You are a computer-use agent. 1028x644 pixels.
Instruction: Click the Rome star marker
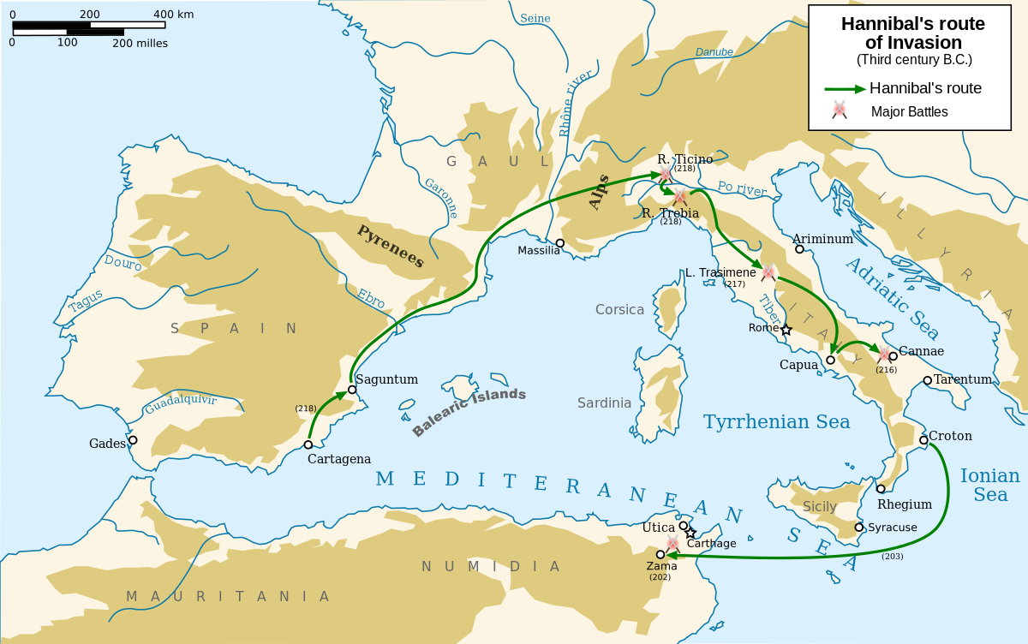click(x=786, y=329)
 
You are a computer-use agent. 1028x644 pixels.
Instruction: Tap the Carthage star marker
click(x=690, y=533)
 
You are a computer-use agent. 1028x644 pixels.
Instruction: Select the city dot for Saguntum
click(x=352, y=389)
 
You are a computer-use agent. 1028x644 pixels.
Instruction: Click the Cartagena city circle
click(x=308, y=444)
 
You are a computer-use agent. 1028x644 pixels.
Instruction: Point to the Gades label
click(x=106, y=443)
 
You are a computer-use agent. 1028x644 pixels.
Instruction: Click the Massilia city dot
click(x=560, y=243)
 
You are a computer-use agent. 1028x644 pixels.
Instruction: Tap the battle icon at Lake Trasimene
click(x=768, y=272)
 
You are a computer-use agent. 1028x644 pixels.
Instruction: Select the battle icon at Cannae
click(x=884, y=354)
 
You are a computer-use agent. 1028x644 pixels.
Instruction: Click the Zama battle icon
click(x=672, y=544)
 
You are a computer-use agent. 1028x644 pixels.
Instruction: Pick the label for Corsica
click(x=619, y=309)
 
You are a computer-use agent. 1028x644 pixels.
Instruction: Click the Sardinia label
click(x=604, y=402)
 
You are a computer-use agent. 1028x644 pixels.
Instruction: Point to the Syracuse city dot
click(x=859, y=528)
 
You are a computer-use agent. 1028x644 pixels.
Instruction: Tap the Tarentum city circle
click(x=928, y=380)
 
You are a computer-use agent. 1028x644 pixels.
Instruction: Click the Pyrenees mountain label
click(x=391, y=247)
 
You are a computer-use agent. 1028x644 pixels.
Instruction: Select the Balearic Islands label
click(x=469, y=412)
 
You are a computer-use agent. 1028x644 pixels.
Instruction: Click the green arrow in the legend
click(x=845, y=88)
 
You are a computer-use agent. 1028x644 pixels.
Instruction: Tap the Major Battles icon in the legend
click(x=840, y=110)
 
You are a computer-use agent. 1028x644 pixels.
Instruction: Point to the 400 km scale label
click(x=173, y=15)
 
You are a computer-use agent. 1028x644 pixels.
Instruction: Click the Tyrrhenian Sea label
click(x=776, y=421)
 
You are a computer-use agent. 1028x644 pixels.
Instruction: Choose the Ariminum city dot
click(x=799, y=249)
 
